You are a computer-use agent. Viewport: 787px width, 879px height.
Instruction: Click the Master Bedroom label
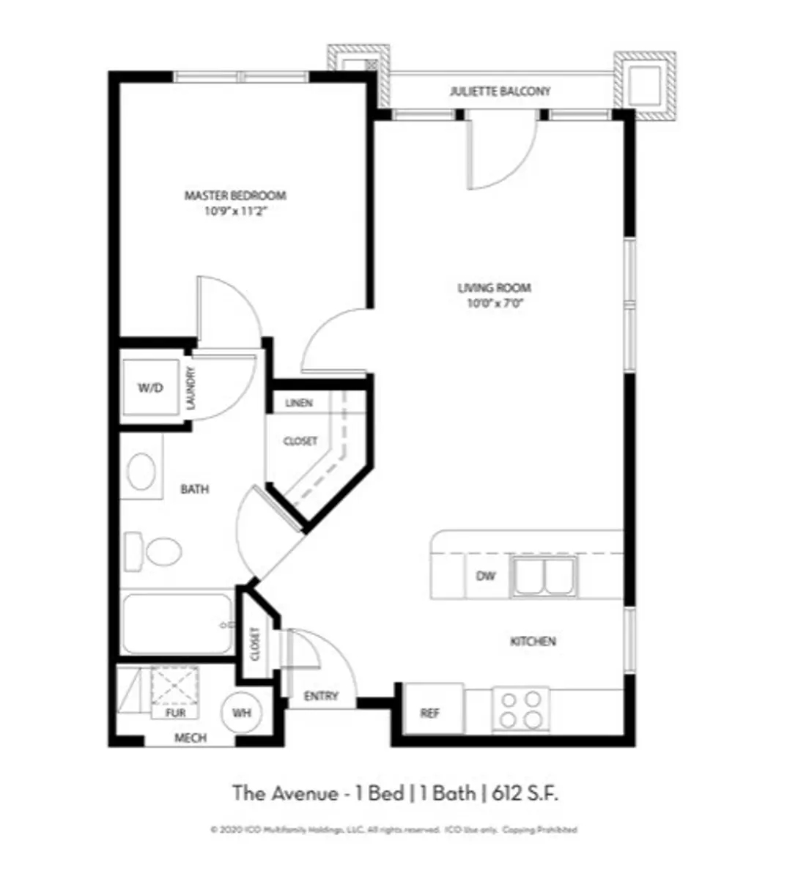click(x=234, y=196)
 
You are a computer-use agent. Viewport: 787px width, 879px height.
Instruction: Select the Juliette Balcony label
click(x=500, y=92)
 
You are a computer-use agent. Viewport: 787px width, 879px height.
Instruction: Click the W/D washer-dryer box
click(x=150, y=388)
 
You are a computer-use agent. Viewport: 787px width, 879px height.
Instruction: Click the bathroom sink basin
click(x=141, y=472)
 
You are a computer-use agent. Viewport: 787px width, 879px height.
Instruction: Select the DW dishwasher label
click(x=486, y=576)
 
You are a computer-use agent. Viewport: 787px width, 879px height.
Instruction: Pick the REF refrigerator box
click(x=431, y=713)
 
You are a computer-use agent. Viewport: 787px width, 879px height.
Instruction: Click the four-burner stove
click(x=521, y=708)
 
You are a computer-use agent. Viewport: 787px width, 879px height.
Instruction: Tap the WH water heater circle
click(x=242, y=713)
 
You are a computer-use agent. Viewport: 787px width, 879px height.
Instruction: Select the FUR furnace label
click(x=176, y=713)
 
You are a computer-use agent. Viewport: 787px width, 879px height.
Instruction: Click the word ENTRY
click(x=321, y=696)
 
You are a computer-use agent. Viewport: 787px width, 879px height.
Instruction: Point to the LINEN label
click(x=299, y=403)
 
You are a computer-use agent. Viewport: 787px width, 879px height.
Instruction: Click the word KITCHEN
click(x=533, y=642)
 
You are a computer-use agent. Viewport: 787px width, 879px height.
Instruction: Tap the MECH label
click(x=190, y=738)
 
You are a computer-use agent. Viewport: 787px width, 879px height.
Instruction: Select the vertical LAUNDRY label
click(x=191, y=388)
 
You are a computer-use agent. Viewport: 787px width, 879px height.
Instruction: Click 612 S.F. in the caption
click(x=525, y=793)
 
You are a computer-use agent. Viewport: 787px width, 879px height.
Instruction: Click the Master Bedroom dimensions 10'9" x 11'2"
click(x=234, y=213)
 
